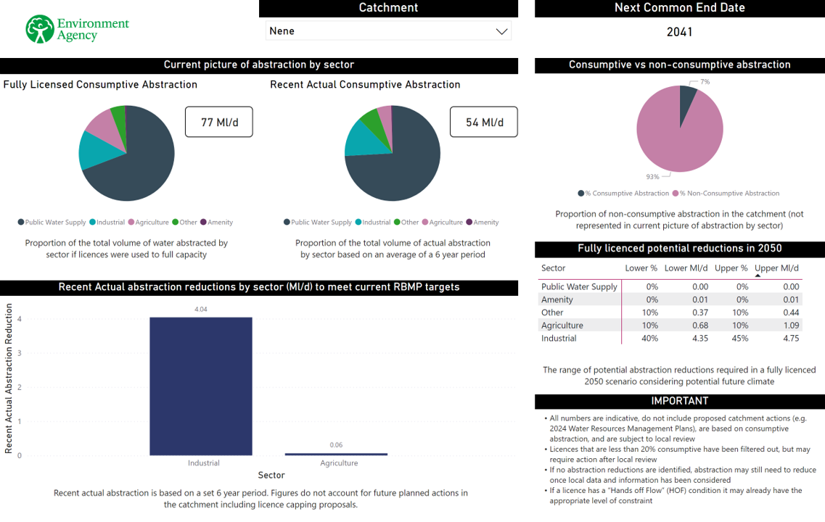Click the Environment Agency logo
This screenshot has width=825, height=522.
click(x=77, y=29)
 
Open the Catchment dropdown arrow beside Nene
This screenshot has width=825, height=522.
click(x=501, y=31)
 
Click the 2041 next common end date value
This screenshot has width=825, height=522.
click(x=679, y=32)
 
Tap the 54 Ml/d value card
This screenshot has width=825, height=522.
click(x=483, y=122)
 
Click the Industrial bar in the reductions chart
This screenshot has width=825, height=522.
click(x=201, y=386)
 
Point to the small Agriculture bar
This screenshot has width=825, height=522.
click(x=336, y=454)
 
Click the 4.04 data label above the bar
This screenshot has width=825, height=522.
click(x=201, y=310)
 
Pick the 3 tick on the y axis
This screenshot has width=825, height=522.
click(x=20, y=353)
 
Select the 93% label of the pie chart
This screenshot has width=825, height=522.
click(x=653, y=176)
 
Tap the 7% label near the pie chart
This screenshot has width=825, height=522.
click(x=705, y=82)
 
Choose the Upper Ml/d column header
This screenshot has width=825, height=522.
click(x=777, y=268)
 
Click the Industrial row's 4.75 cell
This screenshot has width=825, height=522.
click(x=790, y=339)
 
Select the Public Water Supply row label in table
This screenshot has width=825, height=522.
click(x=579, y=287)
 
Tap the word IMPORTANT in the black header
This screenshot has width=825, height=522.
click(x=679, y=401)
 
